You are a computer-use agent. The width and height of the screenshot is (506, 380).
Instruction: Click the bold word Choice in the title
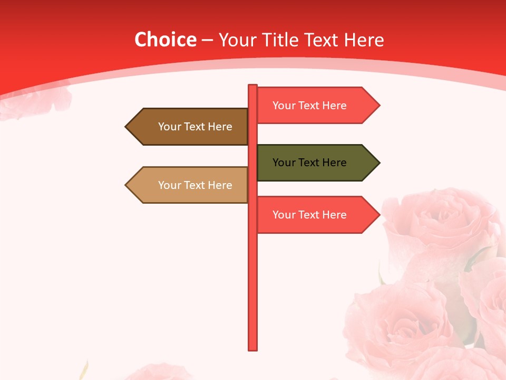click(x=166, y=40)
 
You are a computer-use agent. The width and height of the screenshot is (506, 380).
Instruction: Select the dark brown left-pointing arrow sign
click(x=187, y=127)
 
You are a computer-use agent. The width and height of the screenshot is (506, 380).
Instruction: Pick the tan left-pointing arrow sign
click(x=187, y=185)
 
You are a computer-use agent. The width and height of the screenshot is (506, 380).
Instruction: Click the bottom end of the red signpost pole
click(x=253, y=348)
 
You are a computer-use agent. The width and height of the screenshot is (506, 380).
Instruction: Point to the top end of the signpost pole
click(x=253, y=86)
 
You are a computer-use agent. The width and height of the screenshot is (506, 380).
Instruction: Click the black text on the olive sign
click(x=309, y=163)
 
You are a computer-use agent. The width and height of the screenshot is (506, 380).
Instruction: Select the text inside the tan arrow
click(x=195, y=185)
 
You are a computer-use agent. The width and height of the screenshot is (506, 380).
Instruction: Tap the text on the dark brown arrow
click(x=195, y=127)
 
